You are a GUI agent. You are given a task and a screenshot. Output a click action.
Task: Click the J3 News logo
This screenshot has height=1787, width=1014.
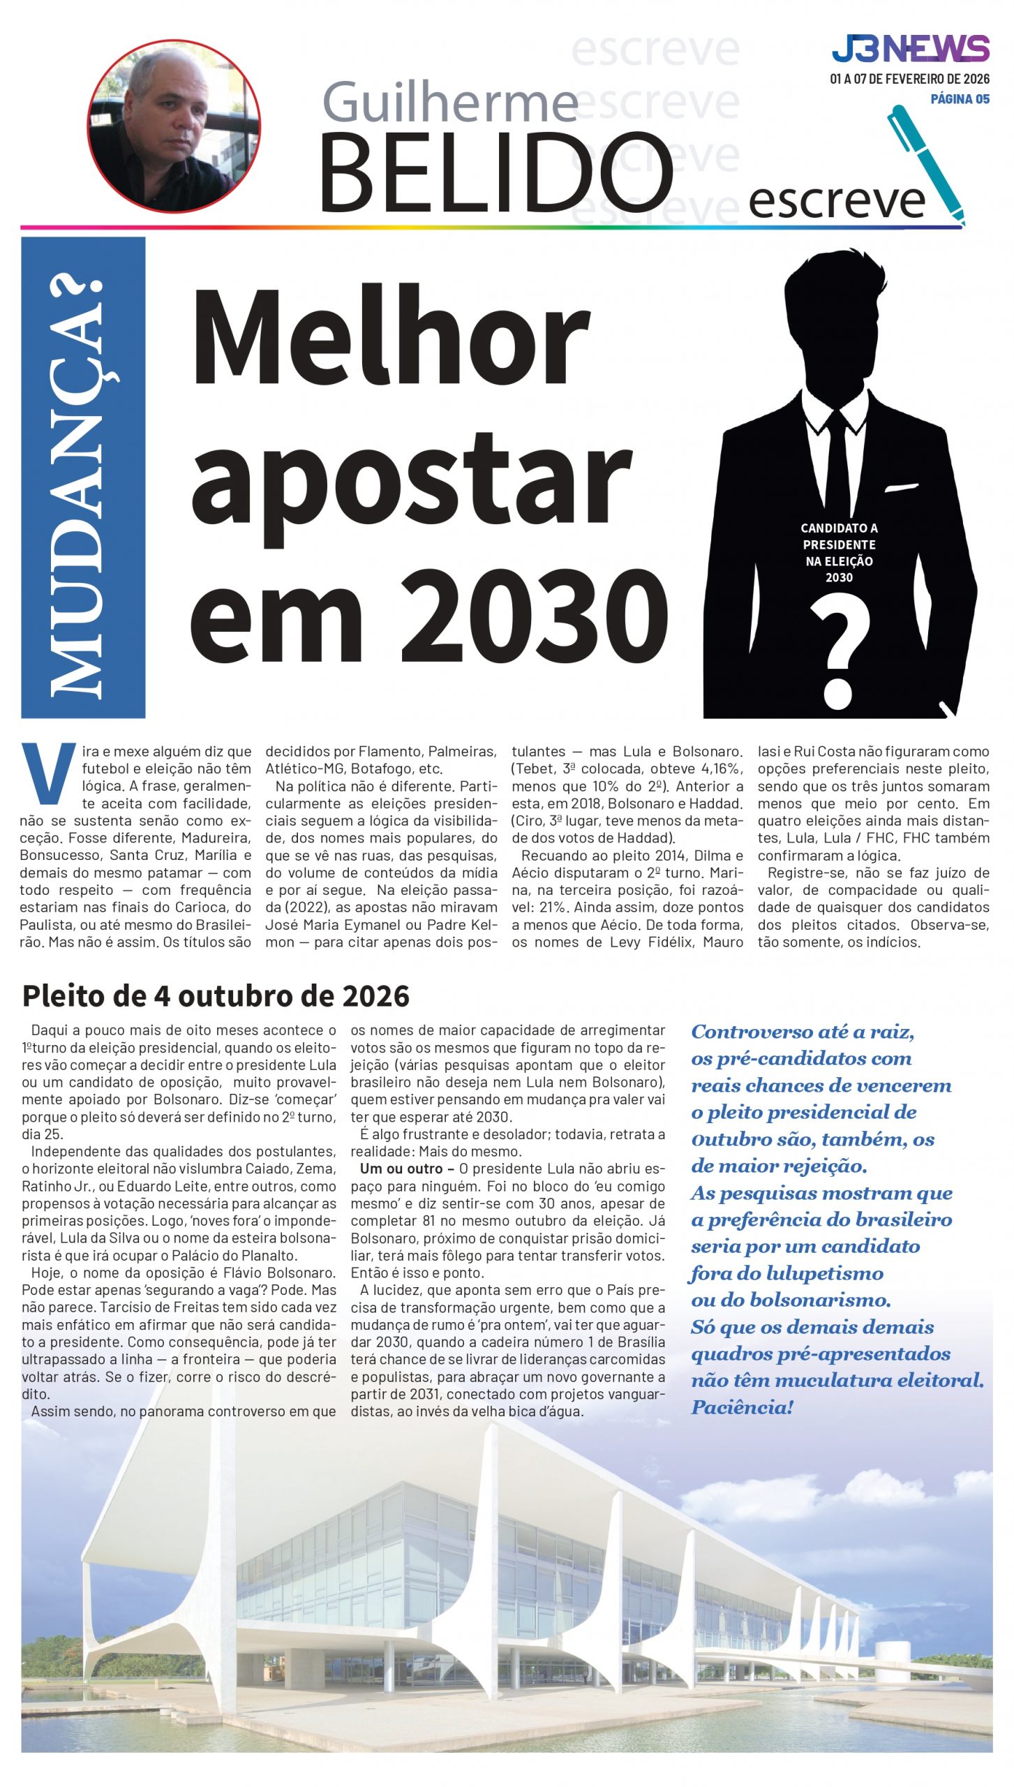(910, 49)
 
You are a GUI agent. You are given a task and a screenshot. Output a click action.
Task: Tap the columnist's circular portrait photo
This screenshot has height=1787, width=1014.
(174, 126)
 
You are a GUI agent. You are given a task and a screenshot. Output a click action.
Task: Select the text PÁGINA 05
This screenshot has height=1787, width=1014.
(960, 99)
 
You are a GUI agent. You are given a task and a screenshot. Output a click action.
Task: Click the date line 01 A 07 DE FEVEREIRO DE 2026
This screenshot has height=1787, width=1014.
(909, 79)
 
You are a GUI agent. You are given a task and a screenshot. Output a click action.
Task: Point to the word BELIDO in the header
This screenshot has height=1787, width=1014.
(495, 174)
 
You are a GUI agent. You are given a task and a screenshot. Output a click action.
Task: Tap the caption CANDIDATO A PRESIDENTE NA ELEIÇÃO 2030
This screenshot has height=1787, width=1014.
(839, 552)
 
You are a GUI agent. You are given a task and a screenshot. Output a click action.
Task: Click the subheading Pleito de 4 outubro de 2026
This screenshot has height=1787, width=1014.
(216, 995)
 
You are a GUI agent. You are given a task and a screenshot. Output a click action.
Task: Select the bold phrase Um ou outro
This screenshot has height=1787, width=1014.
(402, 1169)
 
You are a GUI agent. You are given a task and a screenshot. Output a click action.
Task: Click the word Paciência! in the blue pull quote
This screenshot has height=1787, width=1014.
(742, 1407)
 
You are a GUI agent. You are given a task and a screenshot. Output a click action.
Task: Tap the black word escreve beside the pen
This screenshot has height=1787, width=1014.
(836, 201)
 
